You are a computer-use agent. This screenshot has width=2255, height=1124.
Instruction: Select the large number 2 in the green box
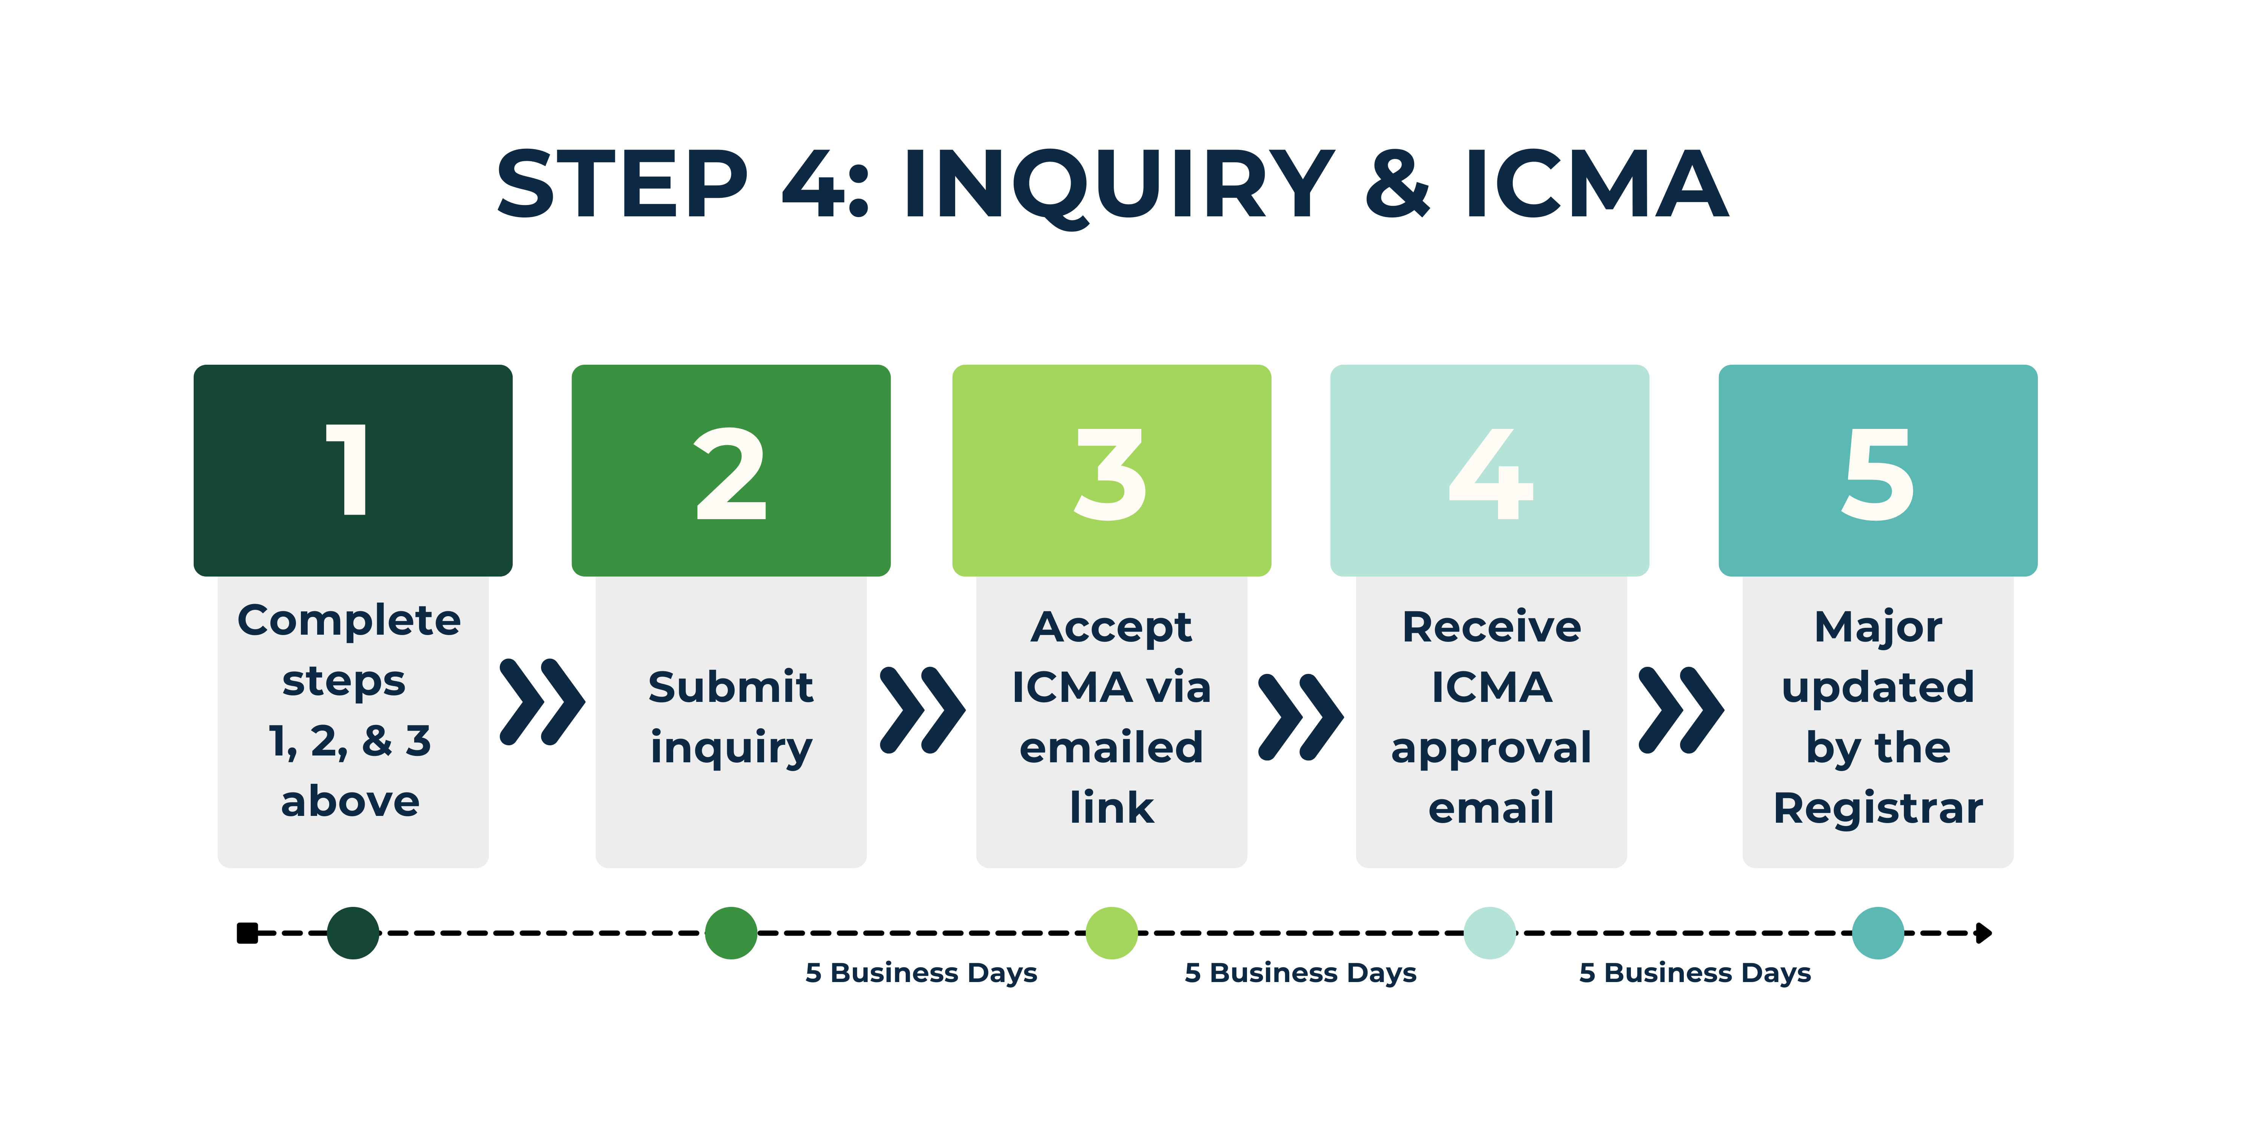point(731,473)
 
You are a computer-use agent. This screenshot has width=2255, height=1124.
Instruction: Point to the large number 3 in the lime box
point(1111,473)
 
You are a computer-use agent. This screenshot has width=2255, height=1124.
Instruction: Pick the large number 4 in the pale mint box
point(1491,473)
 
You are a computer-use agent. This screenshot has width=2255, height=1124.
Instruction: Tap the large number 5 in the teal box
point(1878,473)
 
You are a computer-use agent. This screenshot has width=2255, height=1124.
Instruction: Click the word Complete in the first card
point(349,621)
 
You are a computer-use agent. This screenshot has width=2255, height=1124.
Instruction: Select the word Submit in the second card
point(731,687)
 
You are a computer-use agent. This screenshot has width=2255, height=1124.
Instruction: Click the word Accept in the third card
point(1111,628)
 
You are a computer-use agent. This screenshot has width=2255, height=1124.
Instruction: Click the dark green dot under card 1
point(353,933)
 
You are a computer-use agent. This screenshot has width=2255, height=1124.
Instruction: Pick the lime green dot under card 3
point(1112,933)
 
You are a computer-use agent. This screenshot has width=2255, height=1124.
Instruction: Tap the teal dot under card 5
point(1878,933)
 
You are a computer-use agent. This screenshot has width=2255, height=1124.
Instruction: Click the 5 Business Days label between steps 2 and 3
point(921,973)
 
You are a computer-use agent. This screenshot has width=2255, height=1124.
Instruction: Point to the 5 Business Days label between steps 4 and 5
point(1695,973)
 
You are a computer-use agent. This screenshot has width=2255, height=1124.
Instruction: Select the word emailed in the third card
point(1111,748)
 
